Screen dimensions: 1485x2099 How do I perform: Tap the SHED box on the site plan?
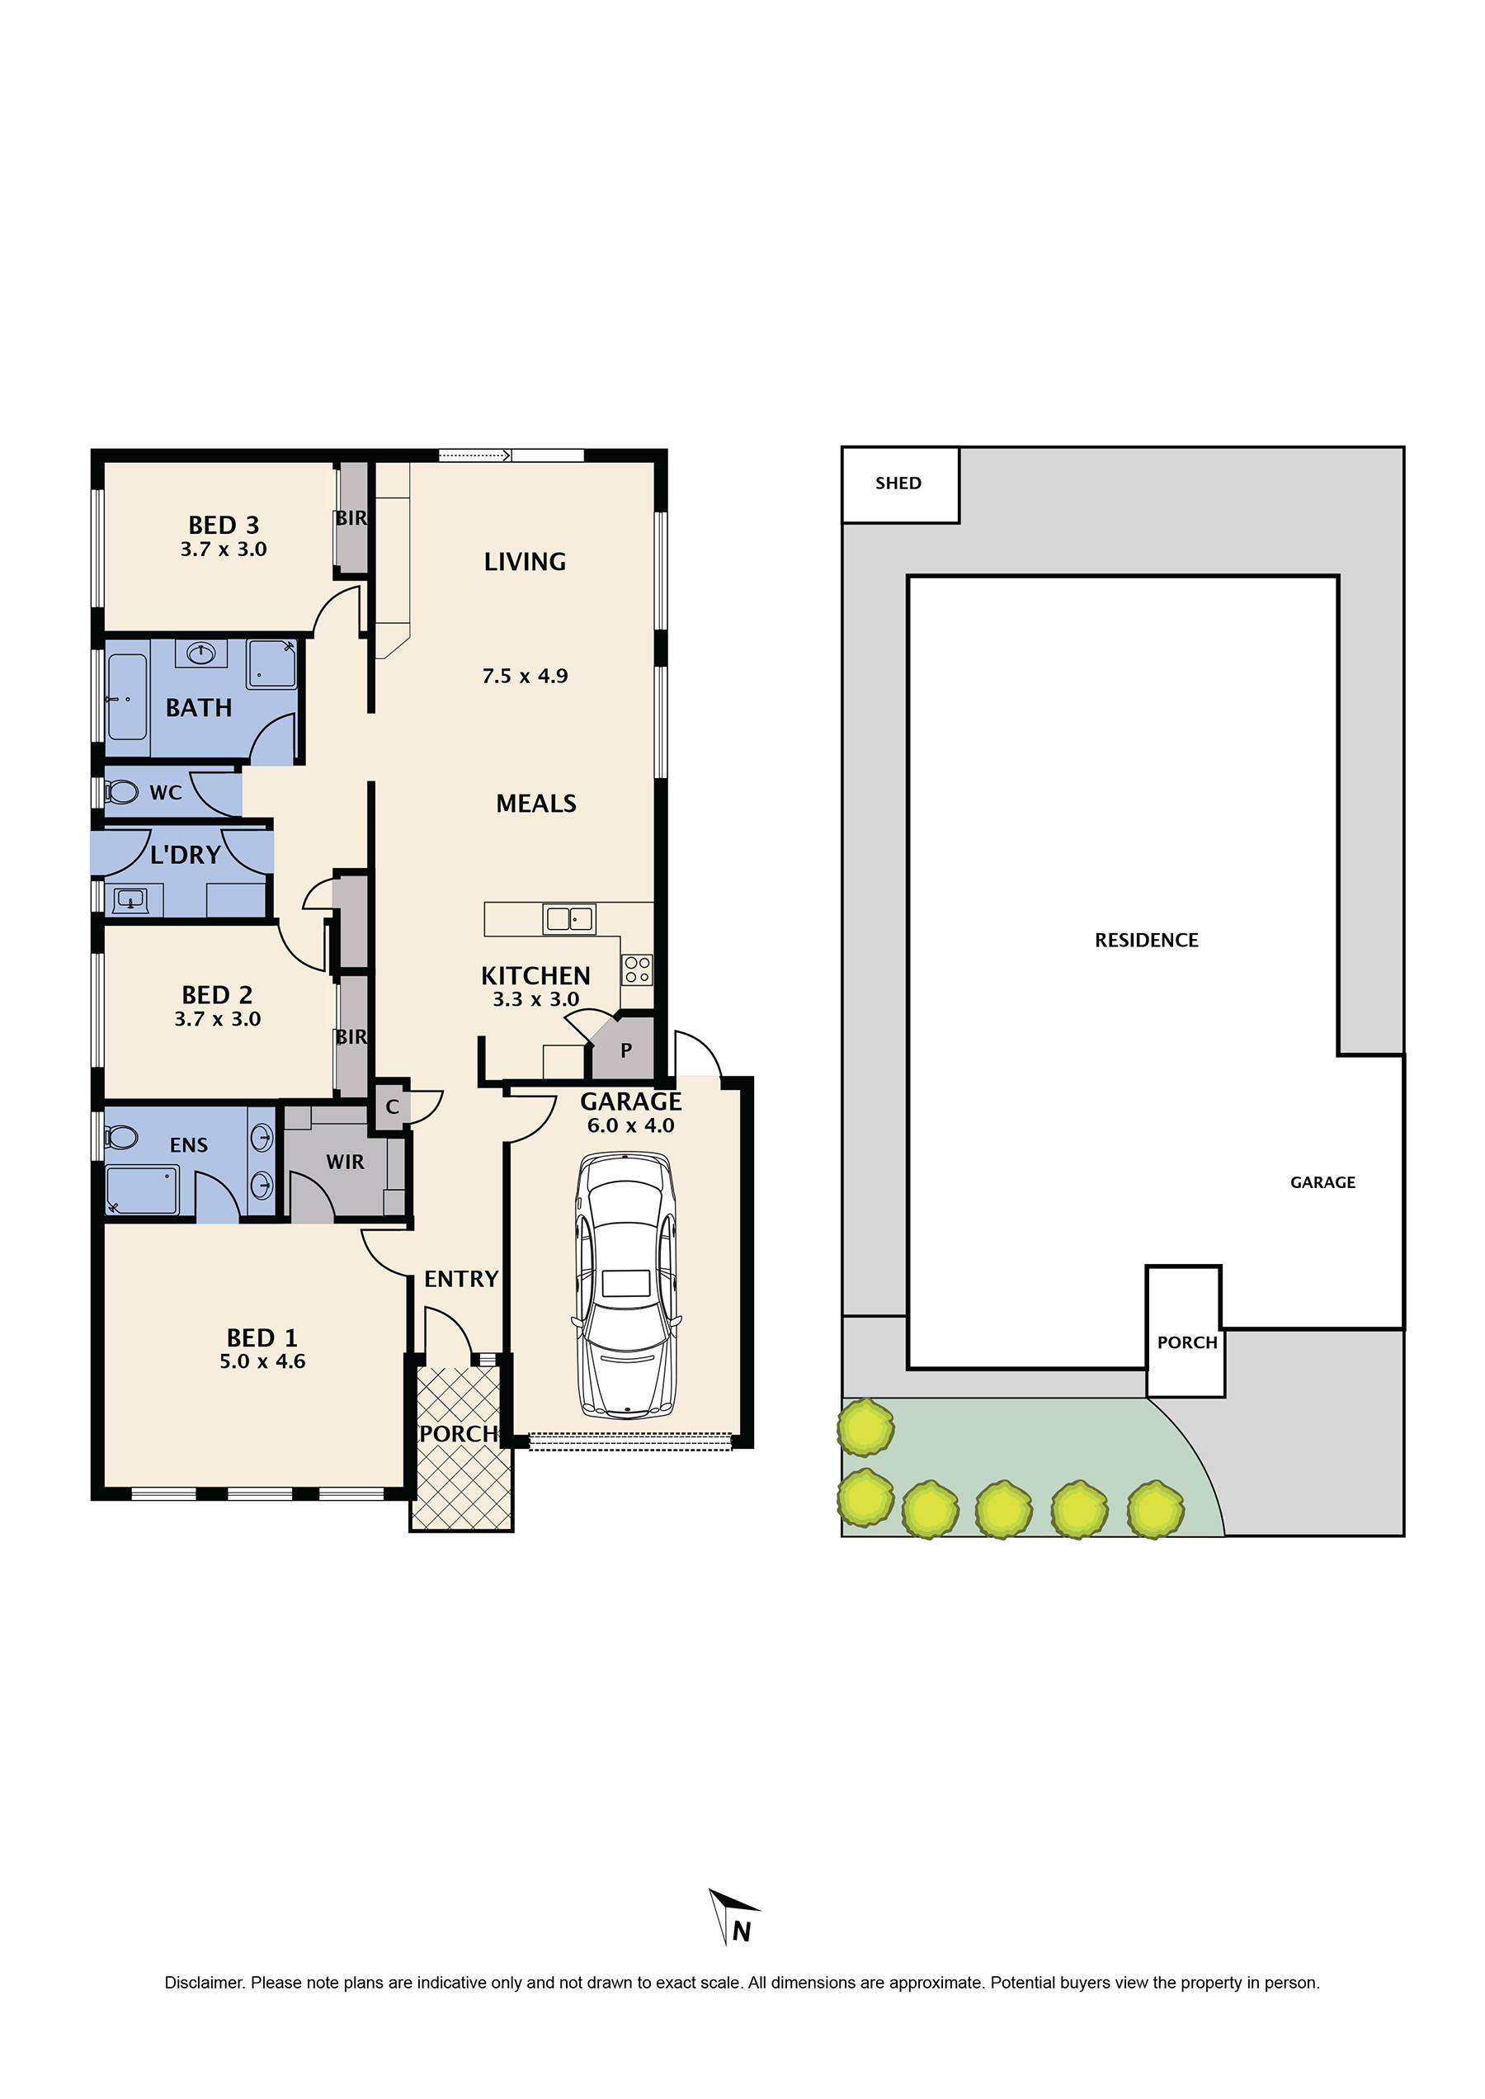tap(900, 485)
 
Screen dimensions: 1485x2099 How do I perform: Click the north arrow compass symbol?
tap(734, 1916)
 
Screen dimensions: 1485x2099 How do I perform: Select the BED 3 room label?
tap(224, 525)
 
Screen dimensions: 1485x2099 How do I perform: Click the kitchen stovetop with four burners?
tap(638, 969)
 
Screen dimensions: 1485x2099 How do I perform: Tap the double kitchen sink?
tap(570, 918)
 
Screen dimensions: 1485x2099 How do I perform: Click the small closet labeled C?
tap(392, 1106)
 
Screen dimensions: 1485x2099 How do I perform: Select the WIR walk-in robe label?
tap(345, 1162)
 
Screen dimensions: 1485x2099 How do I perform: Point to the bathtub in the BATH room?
tap(127, 698)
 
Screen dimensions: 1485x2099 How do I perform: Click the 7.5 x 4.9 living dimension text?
tap(525, 676)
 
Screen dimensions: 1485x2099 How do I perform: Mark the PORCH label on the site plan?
tap(1187, 1342)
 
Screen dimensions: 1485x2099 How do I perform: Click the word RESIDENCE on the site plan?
tap(1146, 941)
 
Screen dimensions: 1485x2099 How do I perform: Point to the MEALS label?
tap(536, 803)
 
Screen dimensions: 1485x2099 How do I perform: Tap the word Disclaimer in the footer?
tap(205, 1983)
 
